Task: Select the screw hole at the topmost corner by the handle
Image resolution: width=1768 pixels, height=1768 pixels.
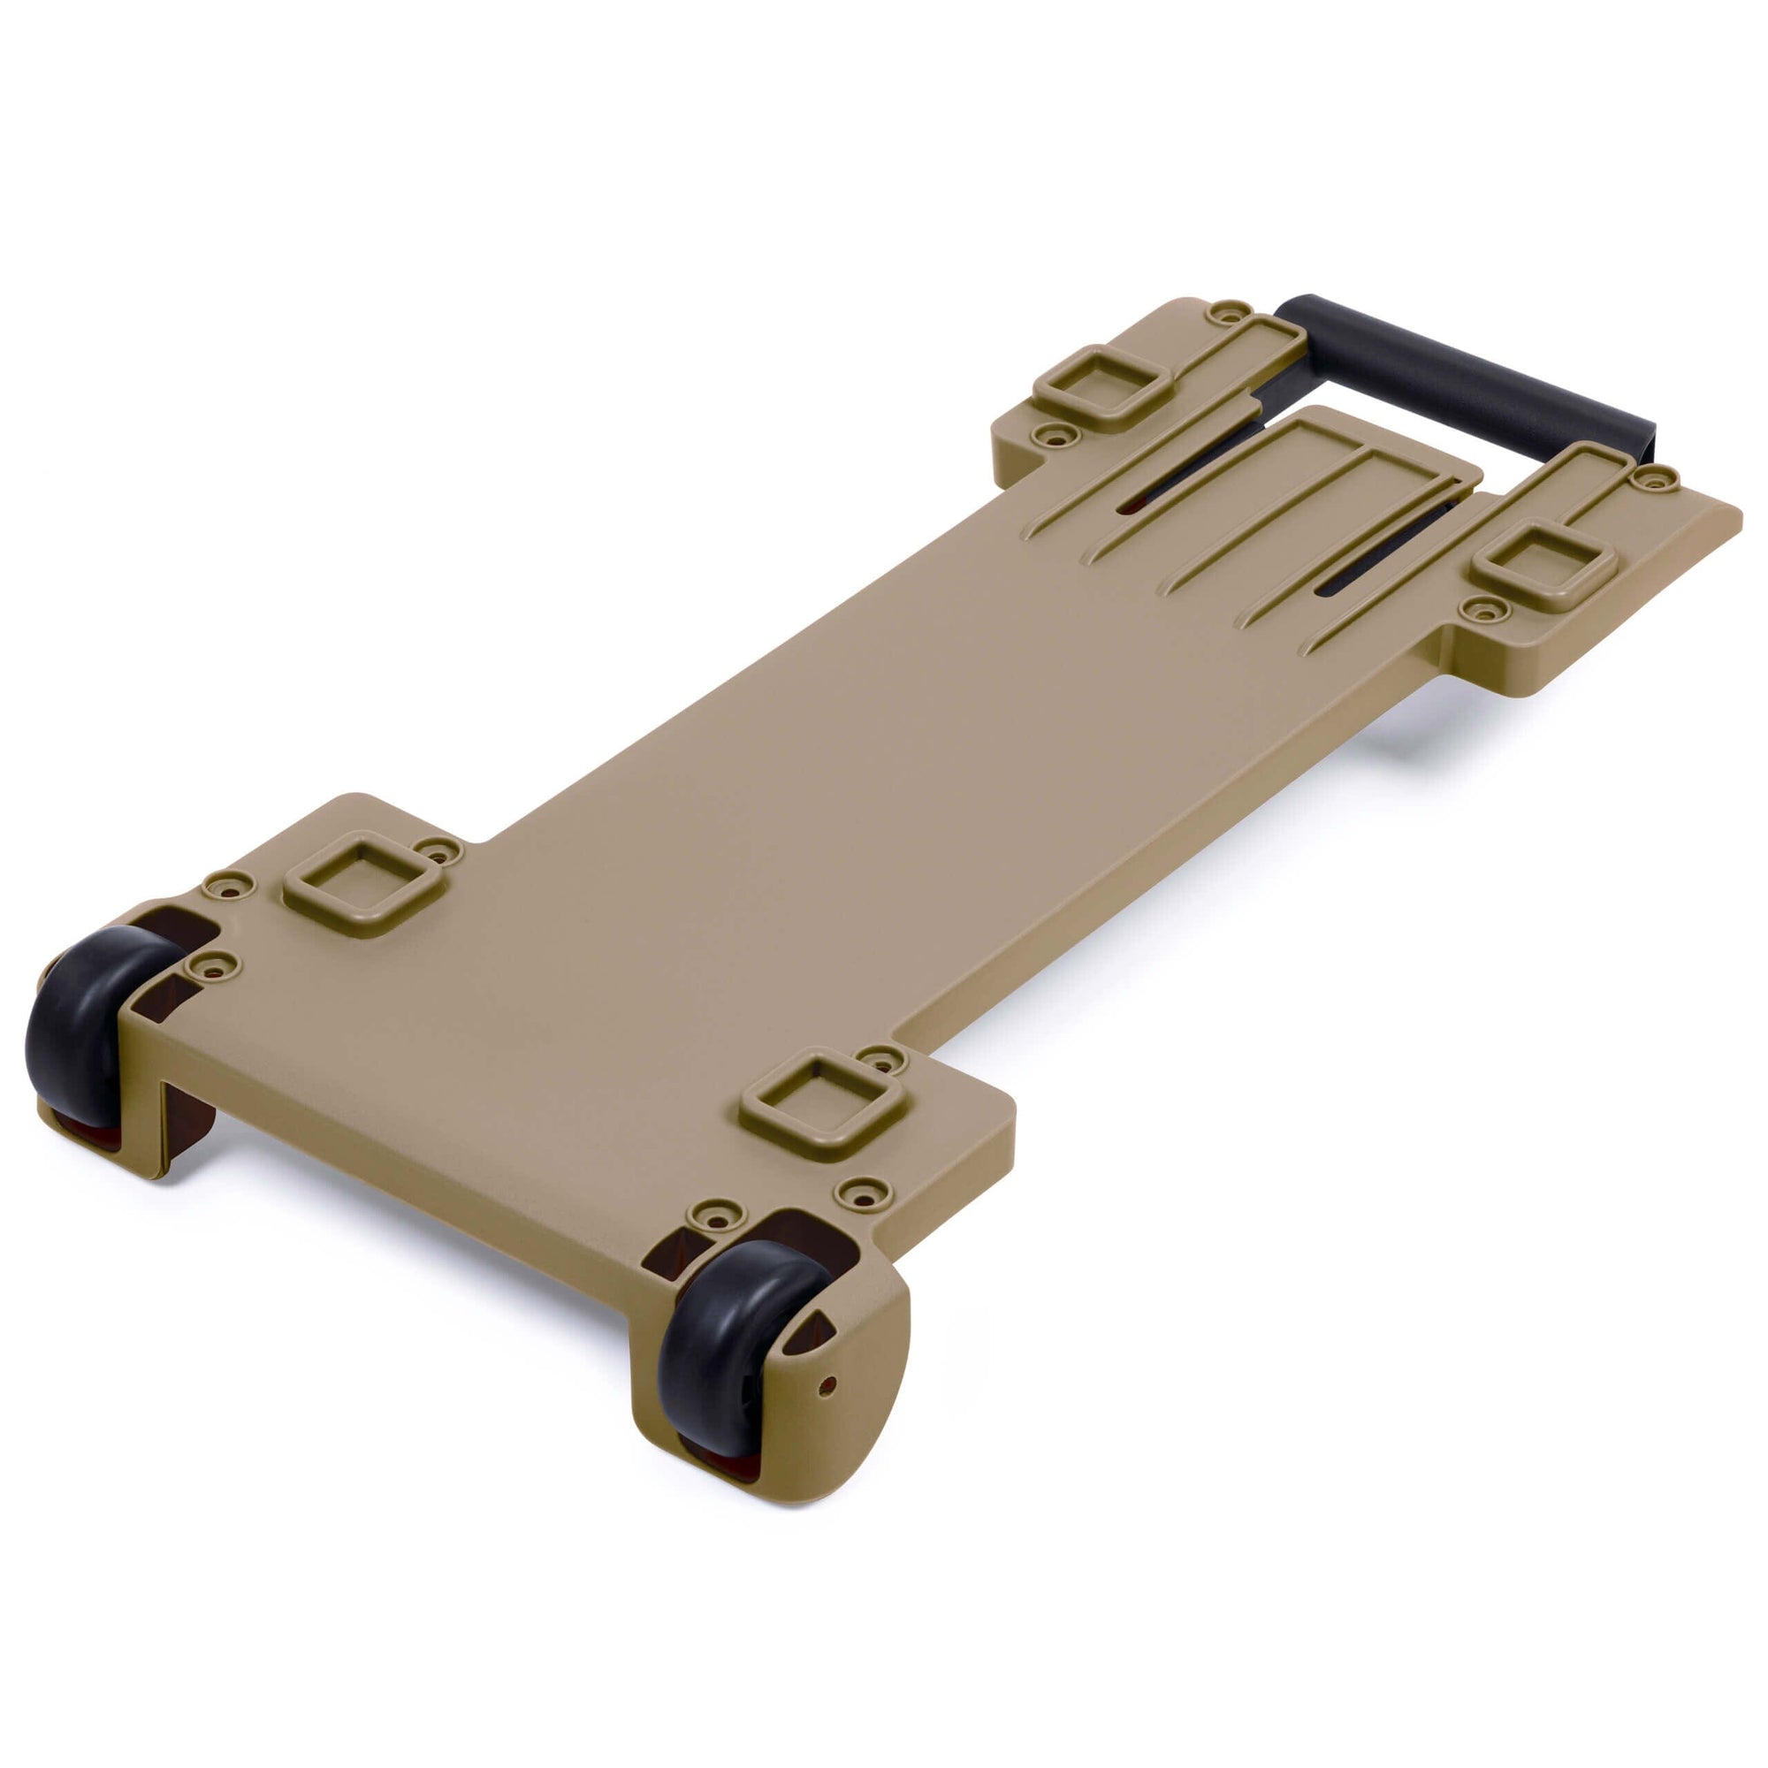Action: pyautogui.click(x=1229, y=311)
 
